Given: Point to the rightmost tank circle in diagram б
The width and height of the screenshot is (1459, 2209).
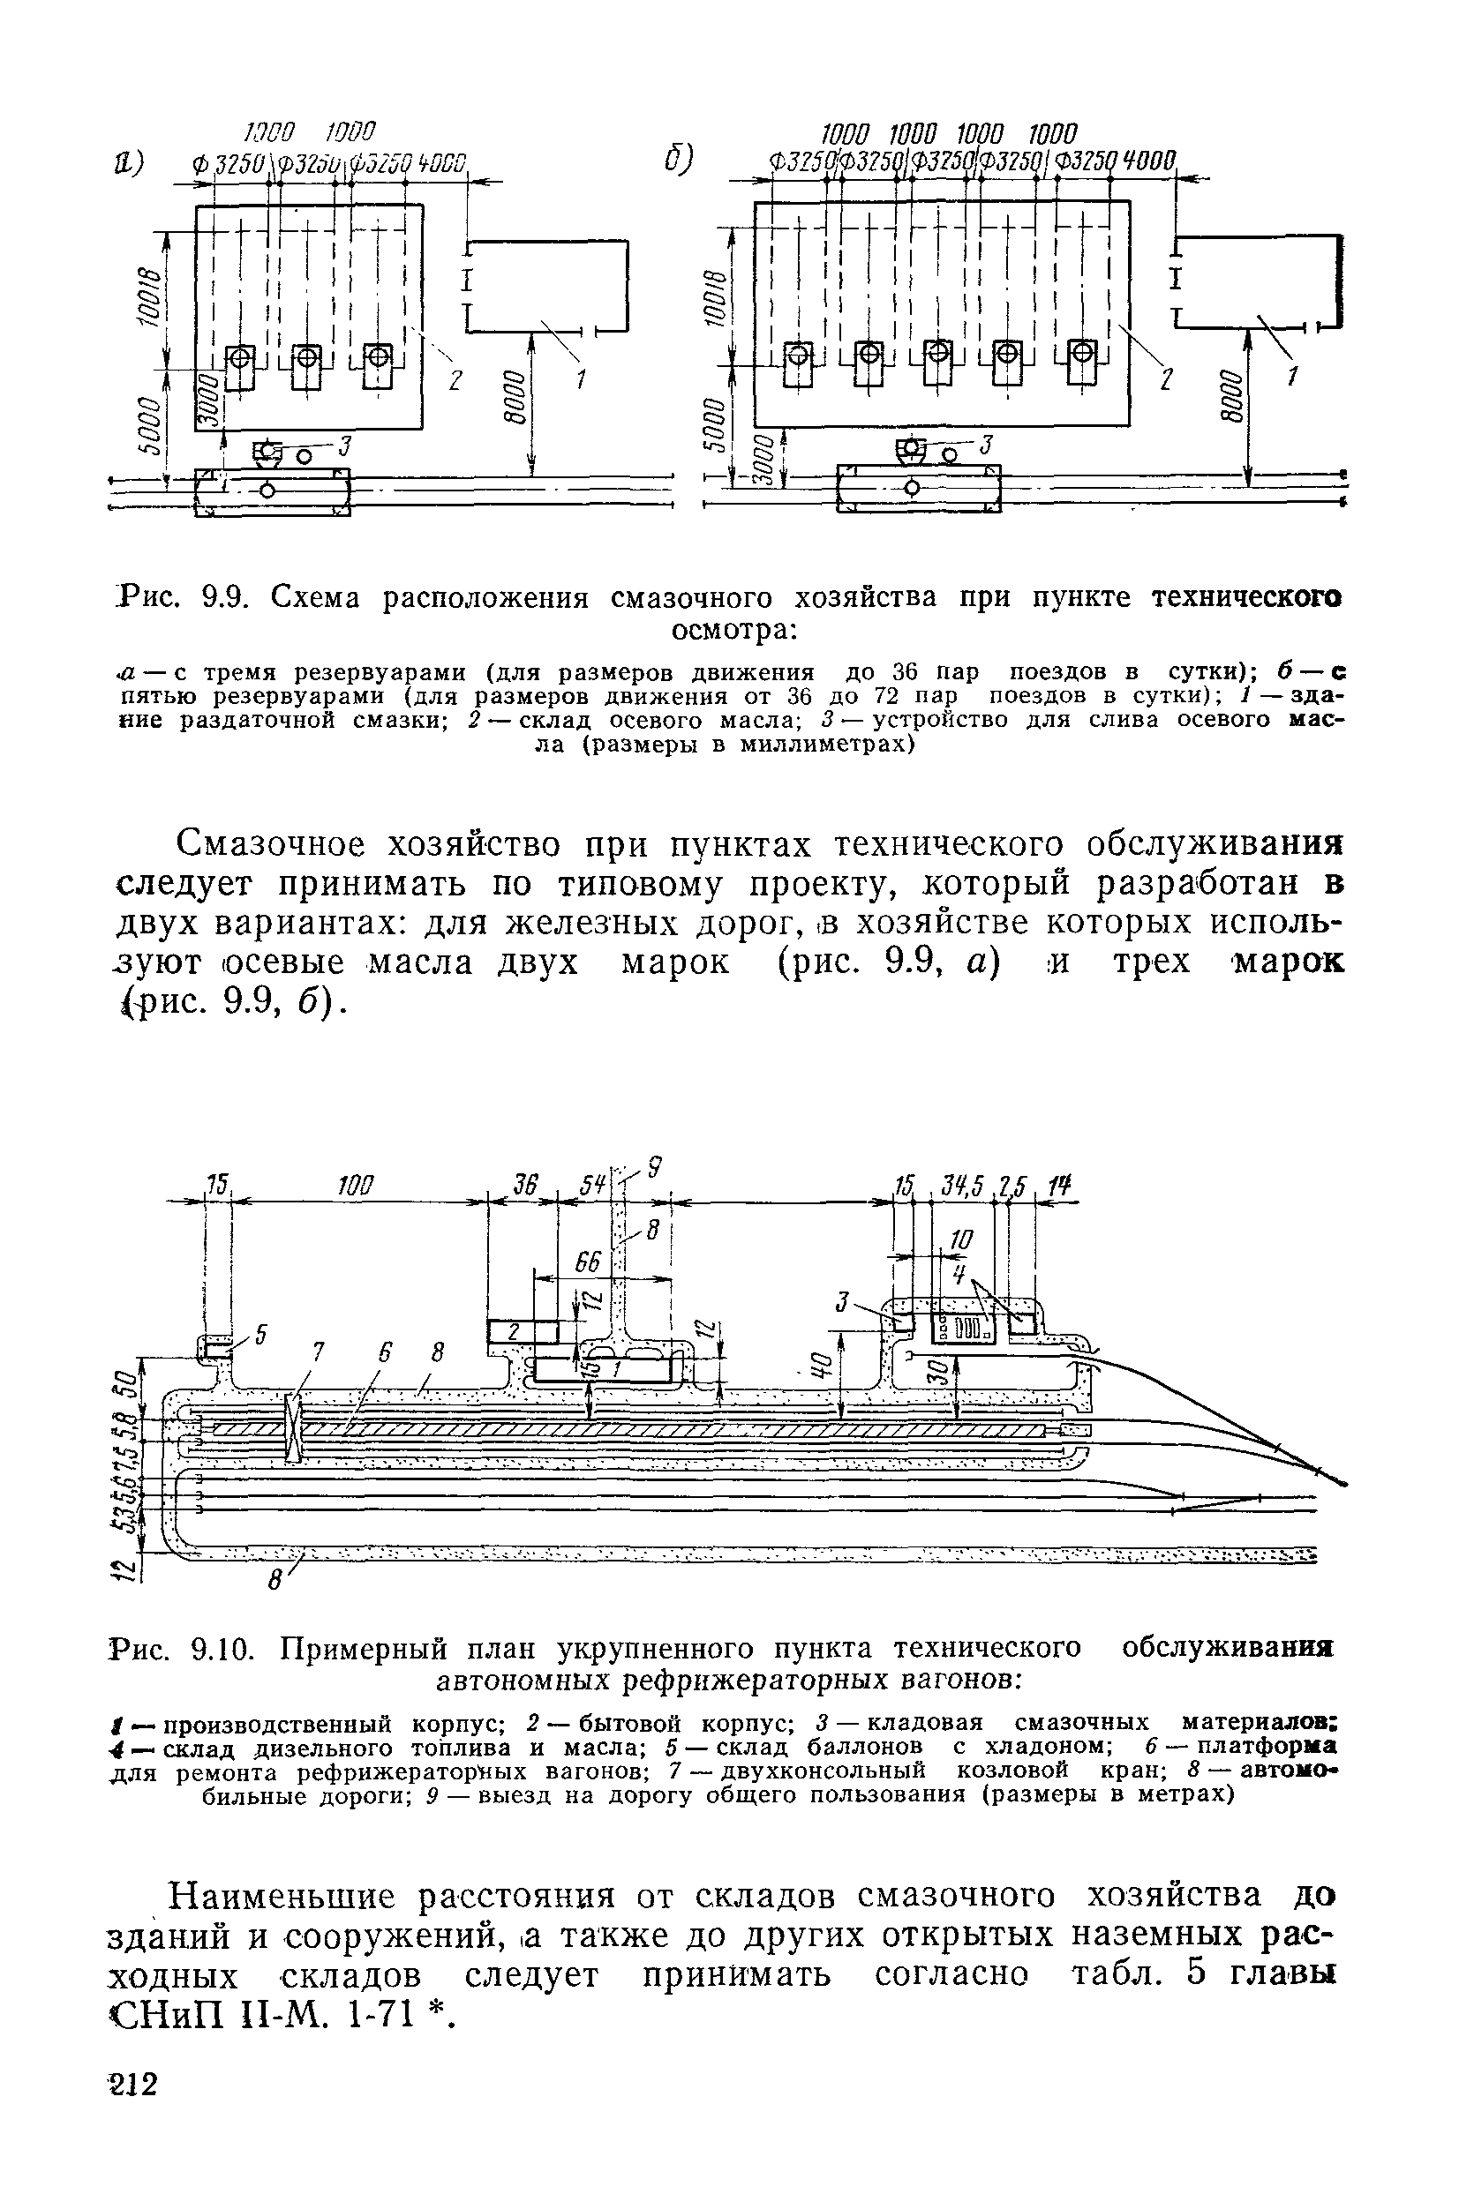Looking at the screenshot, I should tap(1081, 352).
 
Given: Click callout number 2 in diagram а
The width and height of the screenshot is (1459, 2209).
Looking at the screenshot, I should tap(455, 379).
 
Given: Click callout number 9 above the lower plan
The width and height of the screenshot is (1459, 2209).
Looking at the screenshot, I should tap(654, 1164).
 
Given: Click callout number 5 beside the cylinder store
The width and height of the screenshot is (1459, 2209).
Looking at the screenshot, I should tap(260, 1335).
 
